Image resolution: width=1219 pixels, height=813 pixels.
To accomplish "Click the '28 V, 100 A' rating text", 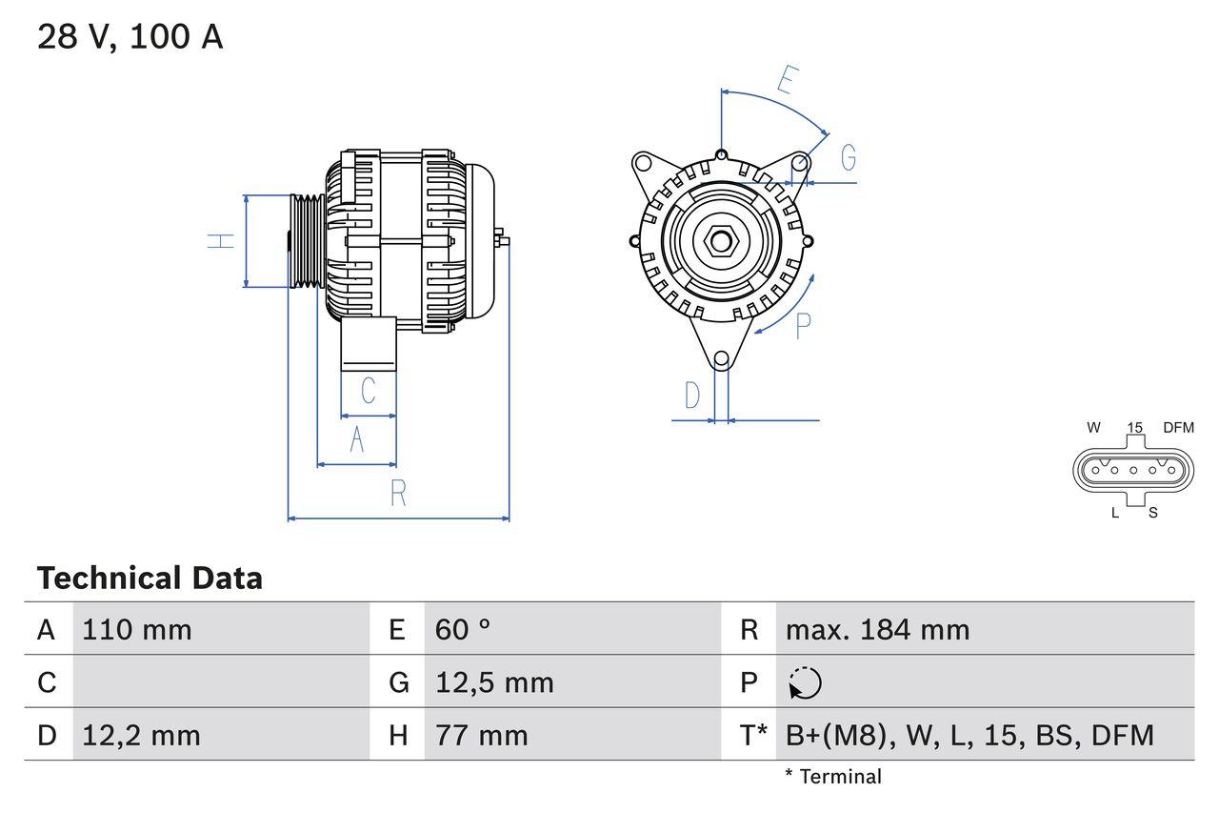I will (x=130, y=37).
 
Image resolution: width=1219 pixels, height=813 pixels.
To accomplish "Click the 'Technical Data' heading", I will (x=150, y=579).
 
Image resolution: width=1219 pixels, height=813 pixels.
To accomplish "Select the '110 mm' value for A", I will (x=137, y=630).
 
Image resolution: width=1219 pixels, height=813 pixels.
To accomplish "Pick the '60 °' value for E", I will (x=463, y=630).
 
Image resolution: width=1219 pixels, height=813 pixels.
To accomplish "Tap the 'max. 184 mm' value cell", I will (x=877, y=630).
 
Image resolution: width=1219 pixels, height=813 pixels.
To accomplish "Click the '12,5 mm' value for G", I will (x=494, y=682).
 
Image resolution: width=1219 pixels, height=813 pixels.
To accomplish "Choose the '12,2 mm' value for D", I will (x=141, y=735).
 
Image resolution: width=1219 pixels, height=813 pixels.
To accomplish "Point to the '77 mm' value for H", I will (x=481, y=735).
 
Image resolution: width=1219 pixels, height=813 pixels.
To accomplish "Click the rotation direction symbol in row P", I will (x=805, y=682).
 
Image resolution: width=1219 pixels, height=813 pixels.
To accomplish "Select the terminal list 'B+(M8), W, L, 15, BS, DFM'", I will (x=969, y=735).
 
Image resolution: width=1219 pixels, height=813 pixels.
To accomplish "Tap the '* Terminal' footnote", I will (x=833, y=777).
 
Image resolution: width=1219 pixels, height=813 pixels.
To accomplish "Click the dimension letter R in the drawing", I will (x=398, y=494).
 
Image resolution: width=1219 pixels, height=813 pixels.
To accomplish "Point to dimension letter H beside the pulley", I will (x=221, y=240).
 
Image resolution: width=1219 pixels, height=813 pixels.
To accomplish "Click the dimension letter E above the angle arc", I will (x=786, y=81).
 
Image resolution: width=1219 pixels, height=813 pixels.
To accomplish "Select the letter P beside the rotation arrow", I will (x=803, y=325).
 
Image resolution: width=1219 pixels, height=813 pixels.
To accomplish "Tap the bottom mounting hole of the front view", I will (x=721, y=359).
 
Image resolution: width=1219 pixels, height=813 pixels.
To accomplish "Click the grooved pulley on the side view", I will (x=307, y=240).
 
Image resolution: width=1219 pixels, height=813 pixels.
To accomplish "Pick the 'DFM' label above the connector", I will (x=1177, y=428).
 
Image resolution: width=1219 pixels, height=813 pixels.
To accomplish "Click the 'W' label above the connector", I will (x=1093, y=428).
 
